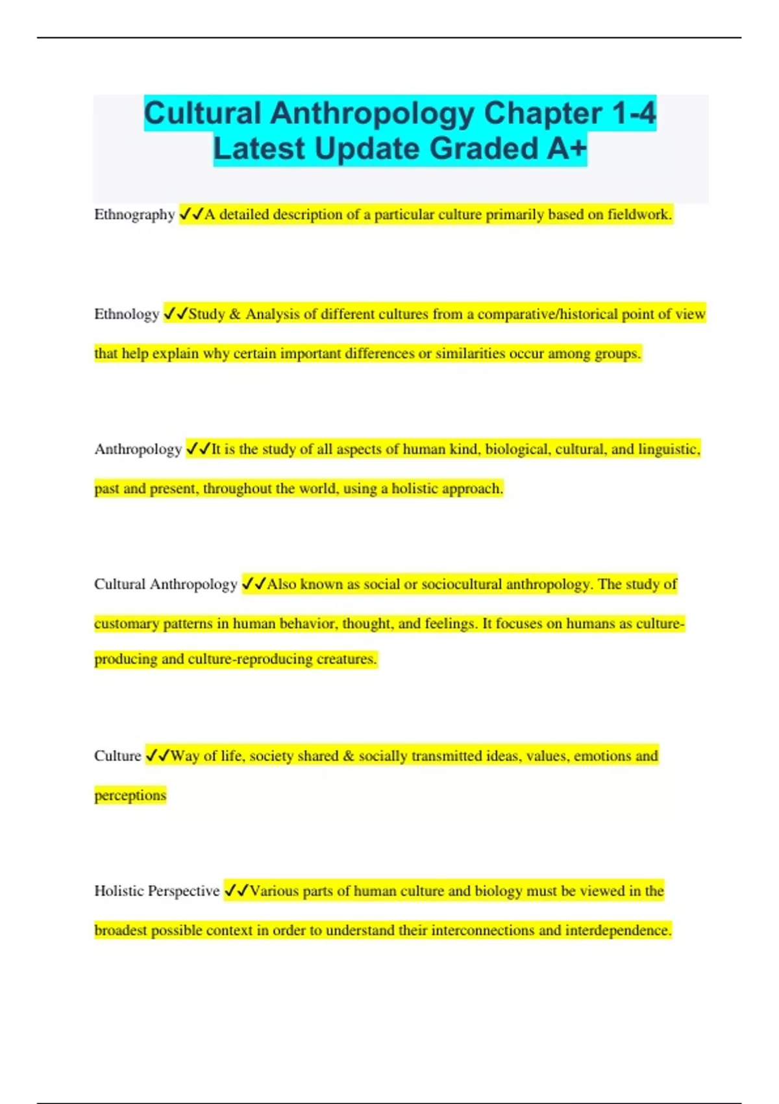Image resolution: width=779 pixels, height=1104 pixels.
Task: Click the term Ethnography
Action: [134, 215]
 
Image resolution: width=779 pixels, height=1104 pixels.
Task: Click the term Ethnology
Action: [127, 314]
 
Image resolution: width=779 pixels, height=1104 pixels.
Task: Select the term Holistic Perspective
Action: [156, 891]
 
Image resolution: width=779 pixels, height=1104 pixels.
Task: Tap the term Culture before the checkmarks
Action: [117, 756]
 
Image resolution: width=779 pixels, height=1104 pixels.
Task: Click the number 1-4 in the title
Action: [634, 114]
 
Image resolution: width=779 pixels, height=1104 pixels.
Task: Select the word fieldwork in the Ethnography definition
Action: [638, 215]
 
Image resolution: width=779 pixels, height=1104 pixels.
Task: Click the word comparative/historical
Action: [547, 314]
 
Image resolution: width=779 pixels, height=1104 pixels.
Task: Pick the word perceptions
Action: [130, 796]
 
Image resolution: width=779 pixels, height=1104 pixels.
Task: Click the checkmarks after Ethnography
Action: [192, 214]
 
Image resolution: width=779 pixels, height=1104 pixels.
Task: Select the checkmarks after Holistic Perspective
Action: [236, 891]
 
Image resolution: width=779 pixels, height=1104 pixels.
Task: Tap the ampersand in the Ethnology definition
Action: [234, 314]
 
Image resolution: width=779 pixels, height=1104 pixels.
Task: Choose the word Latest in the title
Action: [259, 149]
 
